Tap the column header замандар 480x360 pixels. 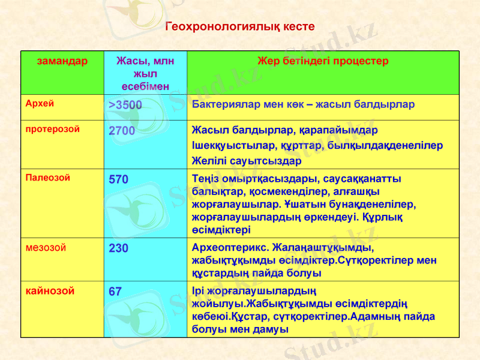62,61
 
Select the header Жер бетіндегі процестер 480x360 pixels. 323,61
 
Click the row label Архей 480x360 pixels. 40,103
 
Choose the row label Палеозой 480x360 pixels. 47,178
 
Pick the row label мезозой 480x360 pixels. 46,247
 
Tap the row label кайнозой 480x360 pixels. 50,291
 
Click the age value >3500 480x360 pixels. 125,106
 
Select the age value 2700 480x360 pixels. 122,131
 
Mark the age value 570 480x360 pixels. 118,179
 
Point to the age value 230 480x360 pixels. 118,248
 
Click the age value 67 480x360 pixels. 115,292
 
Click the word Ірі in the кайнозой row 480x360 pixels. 199,292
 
